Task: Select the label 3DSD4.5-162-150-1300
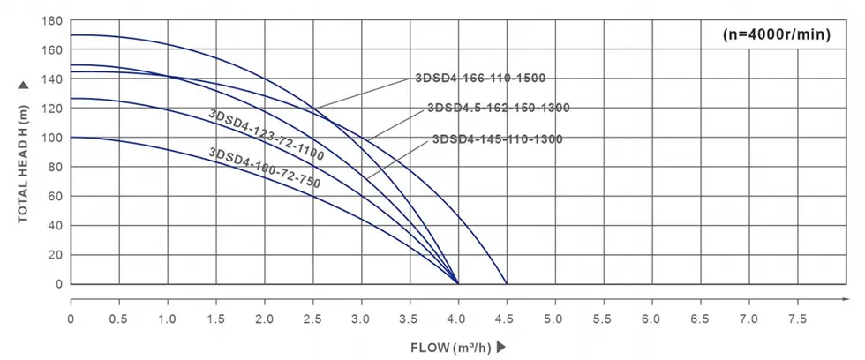[498, 109]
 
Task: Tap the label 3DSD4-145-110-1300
[497, 139]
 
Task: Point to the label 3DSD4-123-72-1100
[266, 135]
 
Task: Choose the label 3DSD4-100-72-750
[264, 169]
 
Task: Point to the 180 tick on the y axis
[52, 21]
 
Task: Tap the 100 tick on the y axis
[52, 138]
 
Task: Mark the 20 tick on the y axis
[55, 255]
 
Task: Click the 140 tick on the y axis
[52, 79]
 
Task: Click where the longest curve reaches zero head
[506, 284]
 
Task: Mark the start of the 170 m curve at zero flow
[71, 35]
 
